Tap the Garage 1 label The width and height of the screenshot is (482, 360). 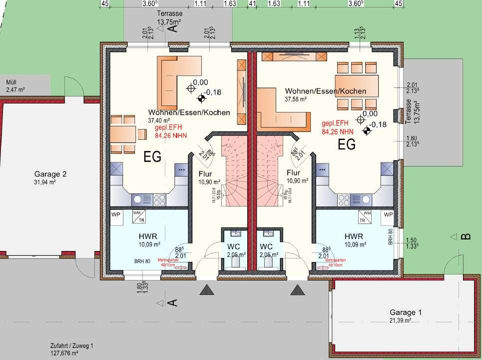(406, 312)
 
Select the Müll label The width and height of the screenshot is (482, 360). (11, 82)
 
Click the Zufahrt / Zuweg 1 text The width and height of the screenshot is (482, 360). (71, 345)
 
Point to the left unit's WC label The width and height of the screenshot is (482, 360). (234, 246)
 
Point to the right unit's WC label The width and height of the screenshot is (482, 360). (266, 246)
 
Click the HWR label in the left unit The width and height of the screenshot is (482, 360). (149, 236)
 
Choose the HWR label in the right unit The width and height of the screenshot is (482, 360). (354, 236)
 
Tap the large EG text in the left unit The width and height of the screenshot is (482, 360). (152, 157)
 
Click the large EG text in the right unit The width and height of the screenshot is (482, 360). (347, 145)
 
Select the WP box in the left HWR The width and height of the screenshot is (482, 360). (116, 214)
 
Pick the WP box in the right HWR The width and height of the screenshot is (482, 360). (388, 214)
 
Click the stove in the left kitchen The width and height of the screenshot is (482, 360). (159, 200)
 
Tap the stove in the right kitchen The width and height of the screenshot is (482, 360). (344, 200)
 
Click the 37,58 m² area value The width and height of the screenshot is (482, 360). (296, 99)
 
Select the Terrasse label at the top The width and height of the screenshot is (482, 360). (169, 14)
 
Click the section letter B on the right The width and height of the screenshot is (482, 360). (466, 236)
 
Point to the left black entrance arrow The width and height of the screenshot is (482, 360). (207, 289)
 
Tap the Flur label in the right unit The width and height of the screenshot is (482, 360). (293, 173)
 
